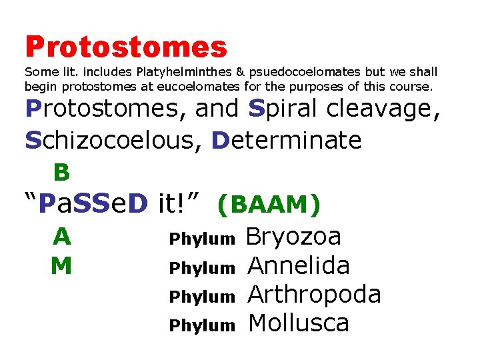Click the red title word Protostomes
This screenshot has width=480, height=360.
coord(126,47)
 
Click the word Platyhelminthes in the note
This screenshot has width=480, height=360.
coord(176,71)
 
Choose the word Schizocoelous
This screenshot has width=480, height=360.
coord(114,140)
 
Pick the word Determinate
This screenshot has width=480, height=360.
coord(287,140)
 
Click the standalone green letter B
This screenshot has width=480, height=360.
coord(61,173)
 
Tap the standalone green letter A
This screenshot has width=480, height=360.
coord(61,237)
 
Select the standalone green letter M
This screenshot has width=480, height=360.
coord(61,266)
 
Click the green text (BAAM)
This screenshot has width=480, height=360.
coord(269,205)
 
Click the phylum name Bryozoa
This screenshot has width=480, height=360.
coord(294,237)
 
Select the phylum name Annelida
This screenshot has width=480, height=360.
coord(299,266)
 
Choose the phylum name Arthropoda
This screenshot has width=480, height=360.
coord(314,295)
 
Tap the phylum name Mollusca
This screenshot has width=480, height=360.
coord(299,324)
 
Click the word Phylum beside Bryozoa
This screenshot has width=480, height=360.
coord(202,239)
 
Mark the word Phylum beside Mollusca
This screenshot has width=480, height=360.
coord(202,326)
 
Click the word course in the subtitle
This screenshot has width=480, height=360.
coord(412,86)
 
